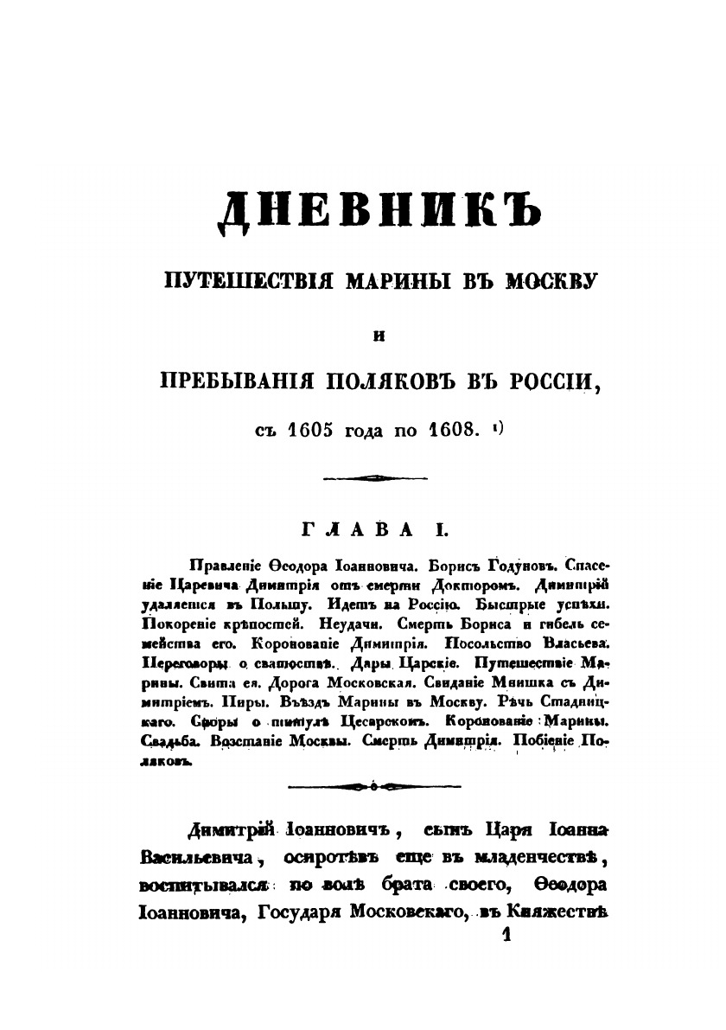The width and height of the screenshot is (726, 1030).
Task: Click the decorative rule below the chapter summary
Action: [373, 785]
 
